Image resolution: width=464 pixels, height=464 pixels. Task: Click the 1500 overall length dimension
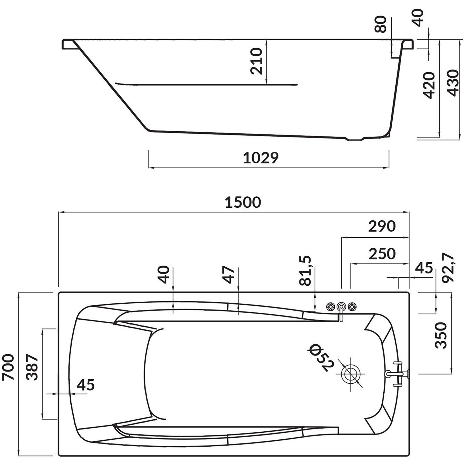tap(243, 202)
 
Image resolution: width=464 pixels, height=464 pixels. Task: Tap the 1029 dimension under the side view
tap(260, 158)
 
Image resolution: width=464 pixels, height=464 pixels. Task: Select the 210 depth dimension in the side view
tap(256, 61)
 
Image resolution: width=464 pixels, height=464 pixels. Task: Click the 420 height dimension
tap(429, 85)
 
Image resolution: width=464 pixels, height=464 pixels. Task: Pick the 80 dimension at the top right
tap(381, 24)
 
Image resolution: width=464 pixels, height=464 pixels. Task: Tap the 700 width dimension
tap(8, 367)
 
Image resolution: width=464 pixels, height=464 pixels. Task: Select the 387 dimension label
tap(32, 367)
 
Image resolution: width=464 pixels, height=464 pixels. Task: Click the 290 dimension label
tap(382, 226)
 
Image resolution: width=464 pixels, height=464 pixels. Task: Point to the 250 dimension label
tap(382, 254)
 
